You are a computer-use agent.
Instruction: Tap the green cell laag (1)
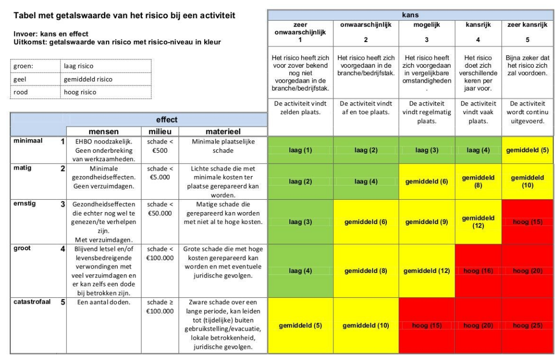300,150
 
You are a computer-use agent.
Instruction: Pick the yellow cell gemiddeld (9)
426,221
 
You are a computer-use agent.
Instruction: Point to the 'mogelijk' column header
426,24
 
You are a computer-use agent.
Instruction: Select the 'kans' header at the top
410,15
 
